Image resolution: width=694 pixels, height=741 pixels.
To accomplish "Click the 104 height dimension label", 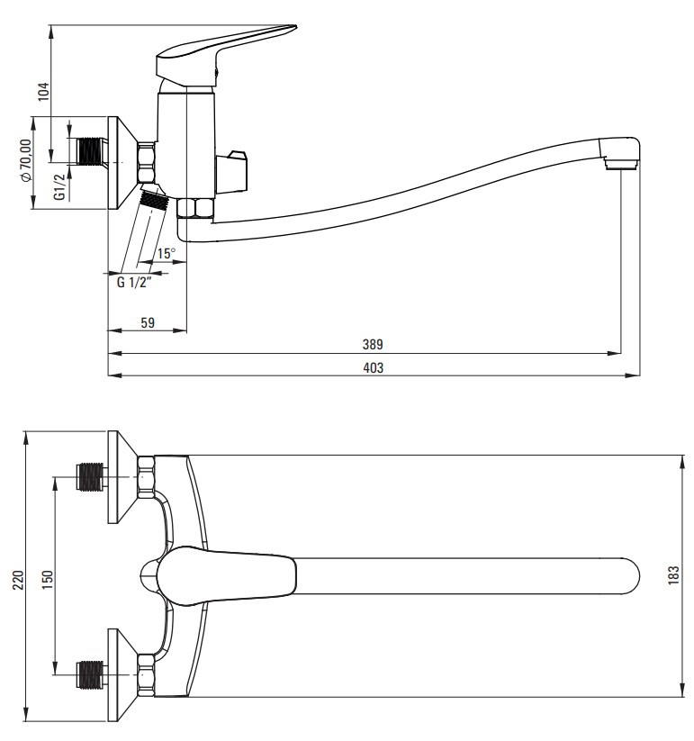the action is [43, 92].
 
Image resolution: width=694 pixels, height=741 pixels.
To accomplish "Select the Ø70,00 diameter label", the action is [25, 159].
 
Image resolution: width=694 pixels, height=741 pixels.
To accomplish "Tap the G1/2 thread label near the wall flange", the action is [59, 186].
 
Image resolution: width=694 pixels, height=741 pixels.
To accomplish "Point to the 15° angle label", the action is [167, 254].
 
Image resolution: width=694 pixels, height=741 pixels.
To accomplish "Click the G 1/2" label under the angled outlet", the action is [134, 283].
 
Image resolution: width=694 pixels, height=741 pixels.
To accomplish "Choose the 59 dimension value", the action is [148, 322].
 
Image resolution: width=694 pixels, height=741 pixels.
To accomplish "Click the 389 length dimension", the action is [373, 345].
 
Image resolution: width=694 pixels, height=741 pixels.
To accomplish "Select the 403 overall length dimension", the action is [373, 367].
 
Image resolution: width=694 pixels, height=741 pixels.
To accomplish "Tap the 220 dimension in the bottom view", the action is [17, 580].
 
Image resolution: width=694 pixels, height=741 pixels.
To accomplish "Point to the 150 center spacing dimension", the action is [49, 580].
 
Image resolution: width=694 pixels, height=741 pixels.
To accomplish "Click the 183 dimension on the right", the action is [673, 575].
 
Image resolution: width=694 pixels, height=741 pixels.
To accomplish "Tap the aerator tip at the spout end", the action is [621, 164].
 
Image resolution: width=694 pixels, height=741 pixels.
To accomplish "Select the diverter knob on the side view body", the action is [231, 173].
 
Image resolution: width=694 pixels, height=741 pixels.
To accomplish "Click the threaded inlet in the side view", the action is [91, 151].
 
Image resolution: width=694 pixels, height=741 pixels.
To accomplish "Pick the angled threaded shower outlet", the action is [154, 199].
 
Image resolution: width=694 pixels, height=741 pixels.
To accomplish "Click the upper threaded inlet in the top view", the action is [90, 477].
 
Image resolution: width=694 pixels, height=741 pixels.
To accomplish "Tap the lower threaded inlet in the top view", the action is [90, 673].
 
